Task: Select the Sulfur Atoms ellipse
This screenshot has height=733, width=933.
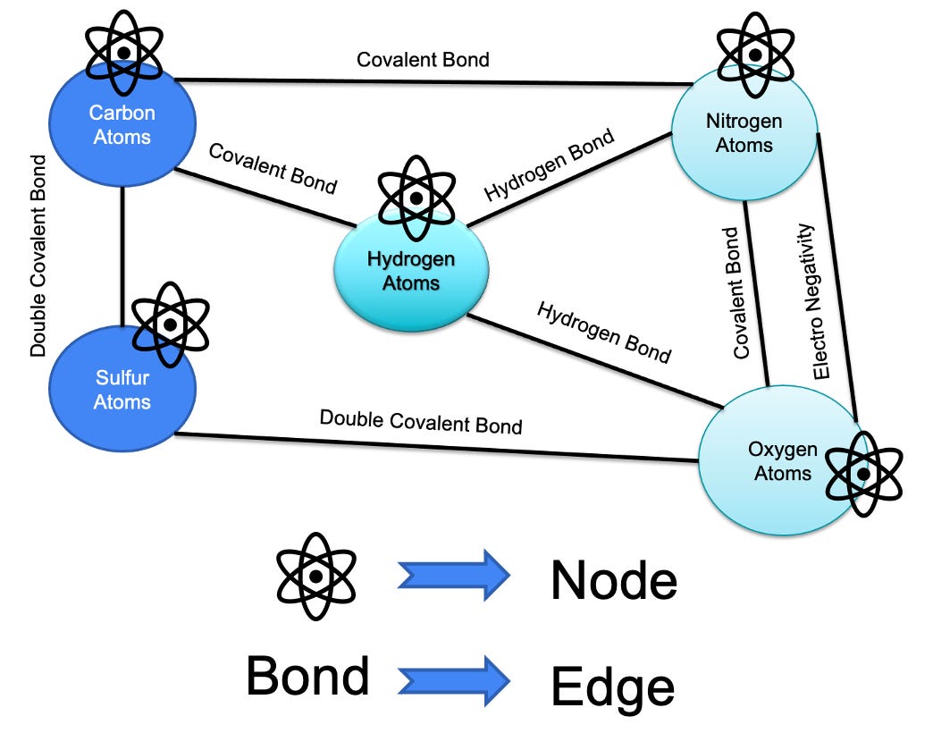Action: point(122,393)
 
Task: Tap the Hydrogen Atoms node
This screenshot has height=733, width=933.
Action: point(411,273)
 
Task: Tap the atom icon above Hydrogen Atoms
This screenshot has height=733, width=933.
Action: point(415,198)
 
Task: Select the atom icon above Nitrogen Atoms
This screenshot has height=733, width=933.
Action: point(756,55)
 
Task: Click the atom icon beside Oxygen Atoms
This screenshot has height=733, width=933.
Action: point(862,473)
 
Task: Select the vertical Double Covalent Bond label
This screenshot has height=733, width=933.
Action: point(38,256)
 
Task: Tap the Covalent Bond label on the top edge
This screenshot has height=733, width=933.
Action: point(423,60)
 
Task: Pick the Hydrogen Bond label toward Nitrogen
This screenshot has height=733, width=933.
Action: point(550,166)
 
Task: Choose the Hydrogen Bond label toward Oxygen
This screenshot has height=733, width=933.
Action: point(603,332)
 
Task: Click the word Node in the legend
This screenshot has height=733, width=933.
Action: point(614,581)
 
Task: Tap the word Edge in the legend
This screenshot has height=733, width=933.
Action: point(612,687)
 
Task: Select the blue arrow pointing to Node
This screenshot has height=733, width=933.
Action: point(453,576)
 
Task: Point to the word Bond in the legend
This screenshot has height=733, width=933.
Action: point(307,676)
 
